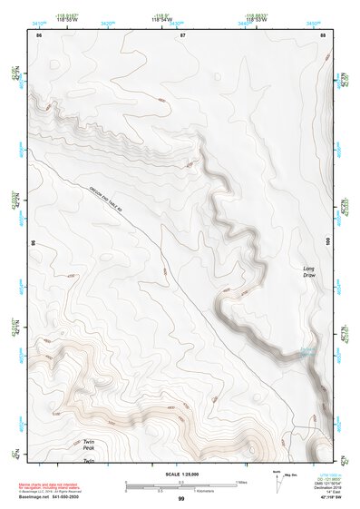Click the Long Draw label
pos(310,271)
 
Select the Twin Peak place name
pos(89,445)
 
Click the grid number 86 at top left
pos(38,34)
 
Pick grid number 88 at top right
pos(324,34)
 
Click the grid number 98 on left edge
pos(33,243)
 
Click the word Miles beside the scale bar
pos(241,482)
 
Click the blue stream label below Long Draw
pos(307,353)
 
